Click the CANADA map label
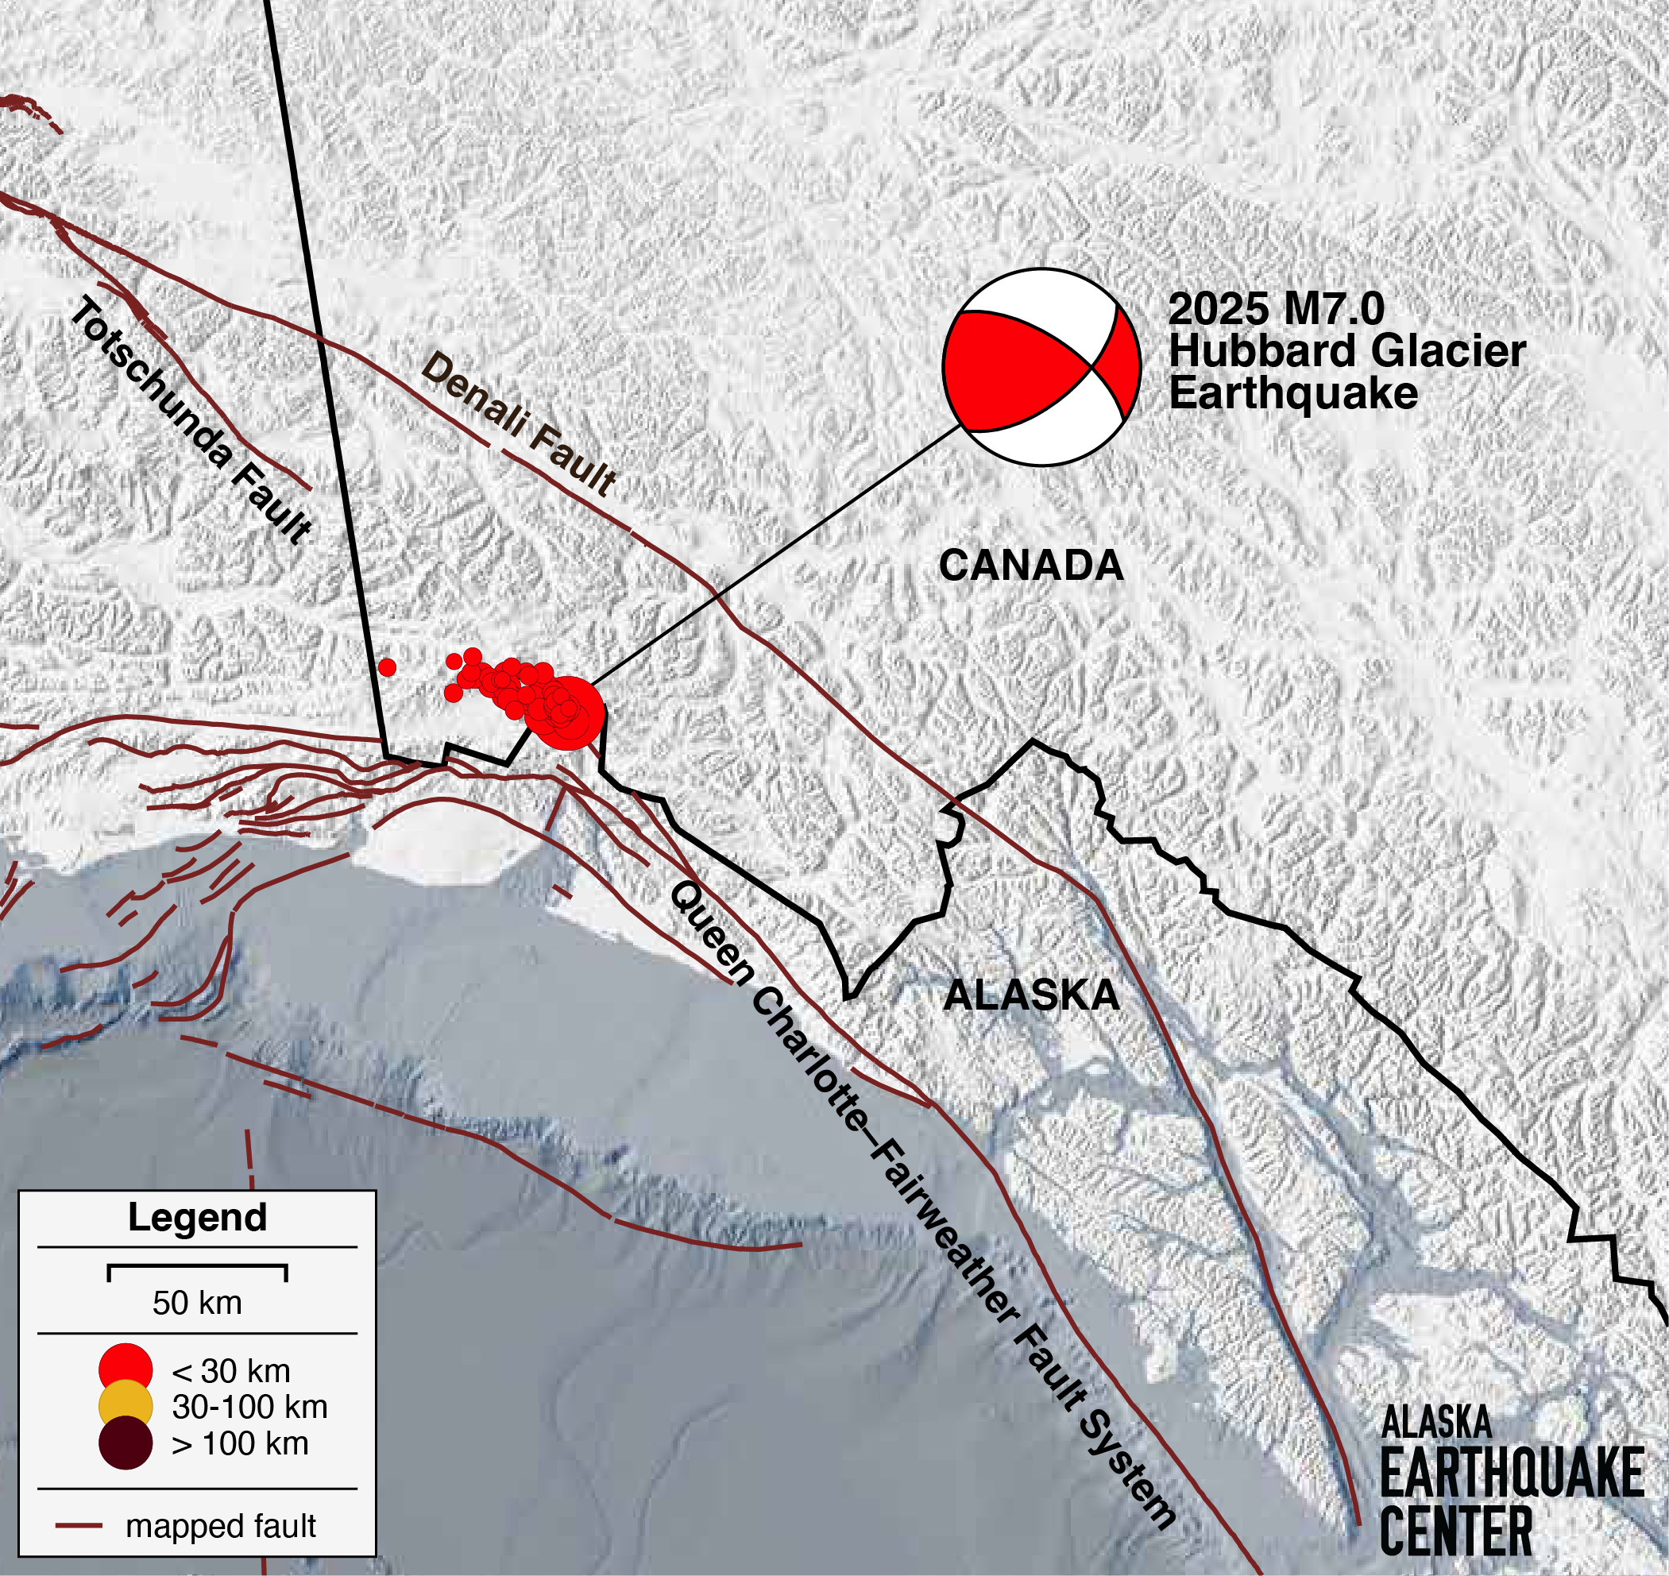tap(1030, 566)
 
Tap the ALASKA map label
tap(1030, 995)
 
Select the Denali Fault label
tap(518, 424)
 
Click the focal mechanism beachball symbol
tap(1041, 367)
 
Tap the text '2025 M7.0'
tap(1275, 309)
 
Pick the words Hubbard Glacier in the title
tap(1346, 351)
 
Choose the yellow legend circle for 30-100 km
tap(126, 1406)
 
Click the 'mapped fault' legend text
tap(220, 1526)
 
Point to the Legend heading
tap(197, 1217)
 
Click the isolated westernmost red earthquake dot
tap(387, 667)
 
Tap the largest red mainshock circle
tap(571, 713)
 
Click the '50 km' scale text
tap(197, 1303)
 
